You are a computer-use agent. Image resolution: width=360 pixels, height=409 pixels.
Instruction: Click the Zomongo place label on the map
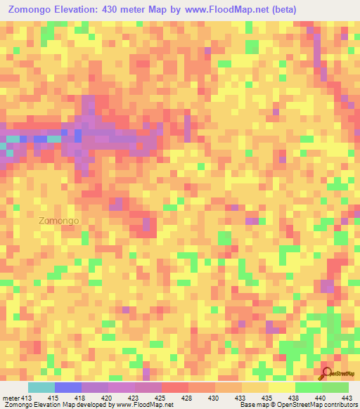[59, 220]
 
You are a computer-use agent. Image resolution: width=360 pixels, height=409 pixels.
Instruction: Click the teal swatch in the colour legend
[41, 388]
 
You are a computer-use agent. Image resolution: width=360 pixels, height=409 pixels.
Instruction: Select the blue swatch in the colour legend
[68, 388]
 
